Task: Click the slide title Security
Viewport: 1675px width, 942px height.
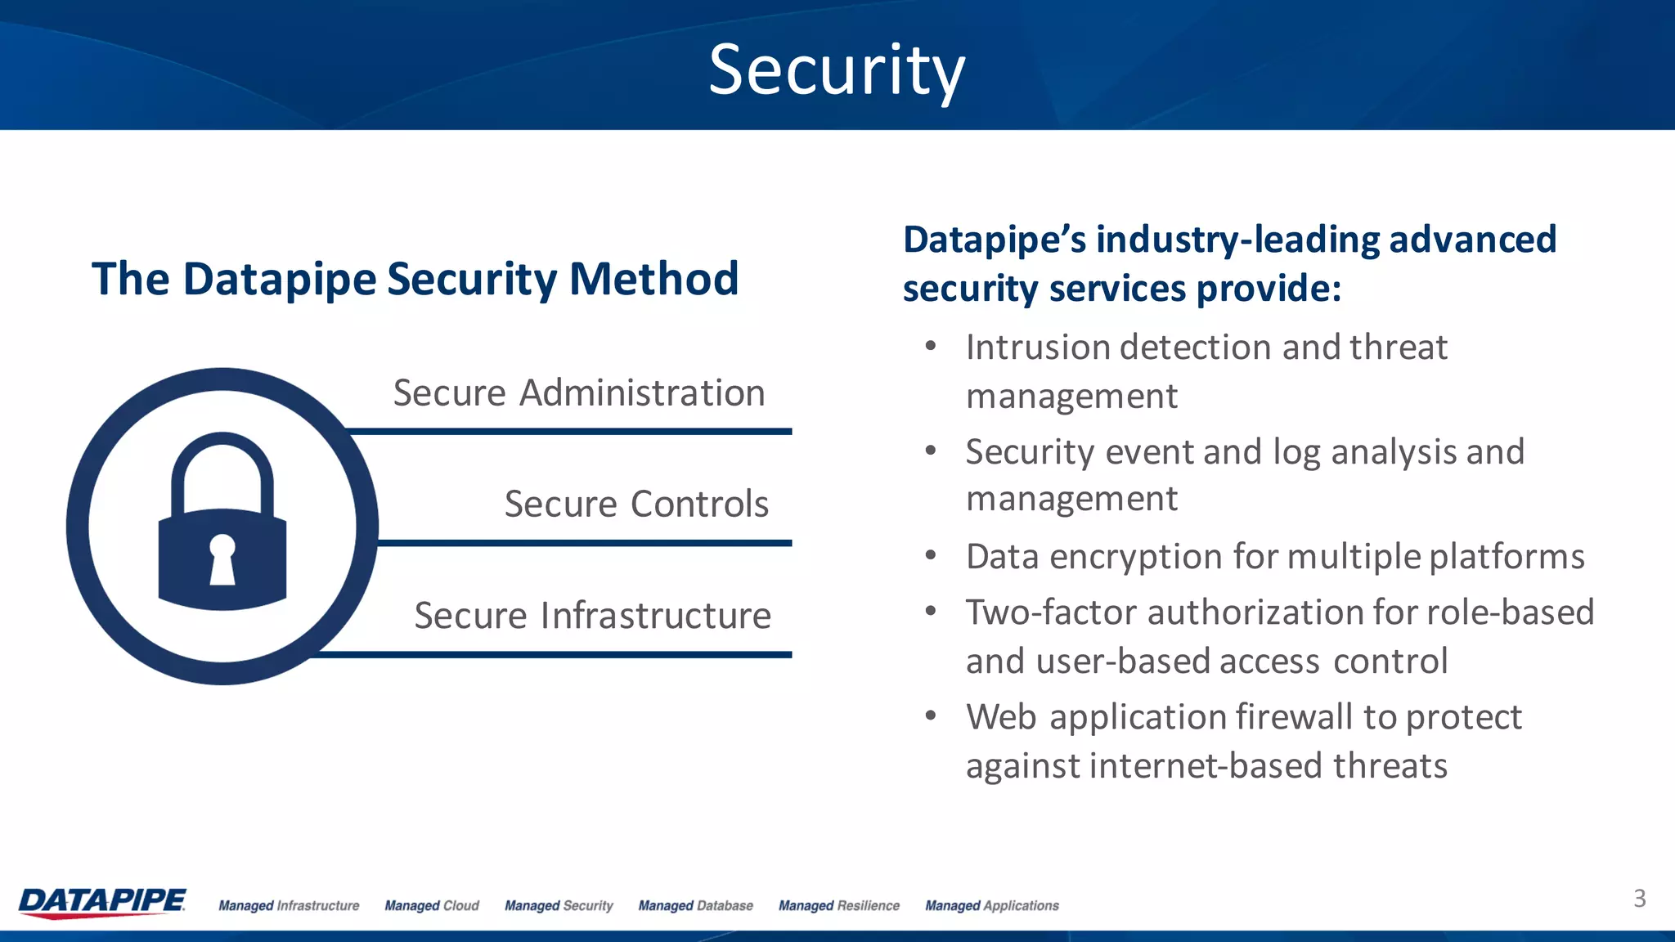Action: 837,72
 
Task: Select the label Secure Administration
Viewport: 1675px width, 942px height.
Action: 579,393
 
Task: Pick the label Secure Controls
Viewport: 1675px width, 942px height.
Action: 636,504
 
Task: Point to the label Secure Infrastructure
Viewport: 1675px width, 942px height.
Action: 592,616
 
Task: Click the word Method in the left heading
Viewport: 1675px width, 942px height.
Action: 653,279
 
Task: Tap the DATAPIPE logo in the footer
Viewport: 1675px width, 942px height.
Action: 102,902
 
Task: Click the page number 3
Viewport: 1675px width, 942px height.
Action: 1639,899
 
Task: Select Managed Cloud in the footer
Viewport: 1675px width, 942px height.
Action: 432,906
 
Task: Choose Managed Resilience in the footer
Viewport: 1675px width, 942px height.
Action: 838,906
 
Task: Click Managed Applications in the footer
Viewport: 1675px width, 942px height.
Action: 991,906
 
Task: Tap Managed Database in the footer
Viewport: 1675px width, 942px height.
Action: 695,906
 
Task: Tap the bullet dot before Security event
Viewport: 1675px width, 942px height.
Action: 930,451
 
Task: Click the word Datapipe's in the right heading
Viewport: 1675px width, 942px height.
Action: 995,240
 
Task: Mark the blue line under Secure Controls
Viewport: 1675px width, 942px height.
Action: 584,543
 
